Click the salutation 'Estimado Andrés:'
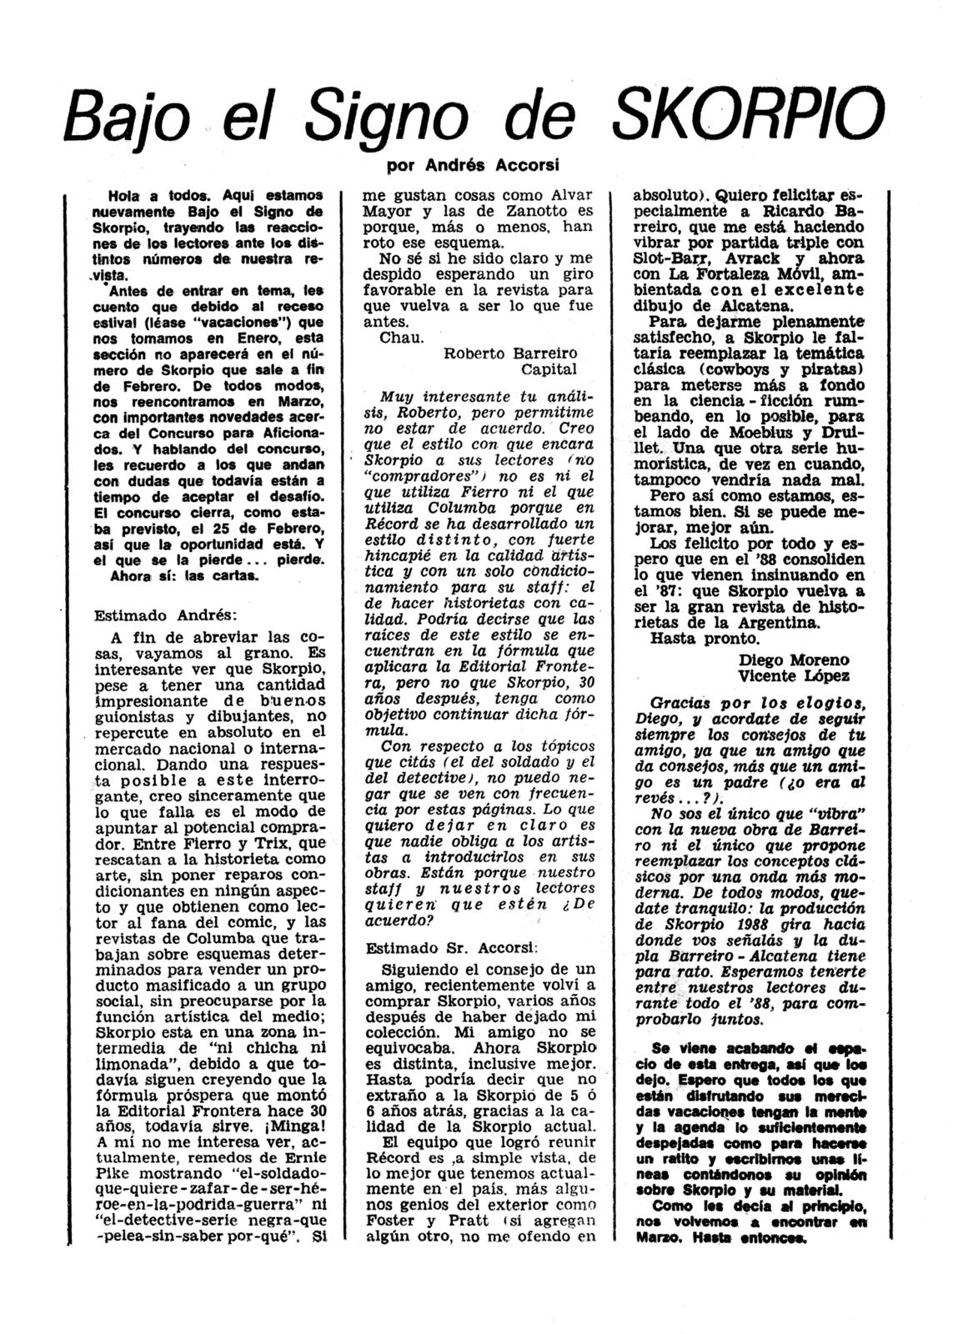point(166,616)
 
